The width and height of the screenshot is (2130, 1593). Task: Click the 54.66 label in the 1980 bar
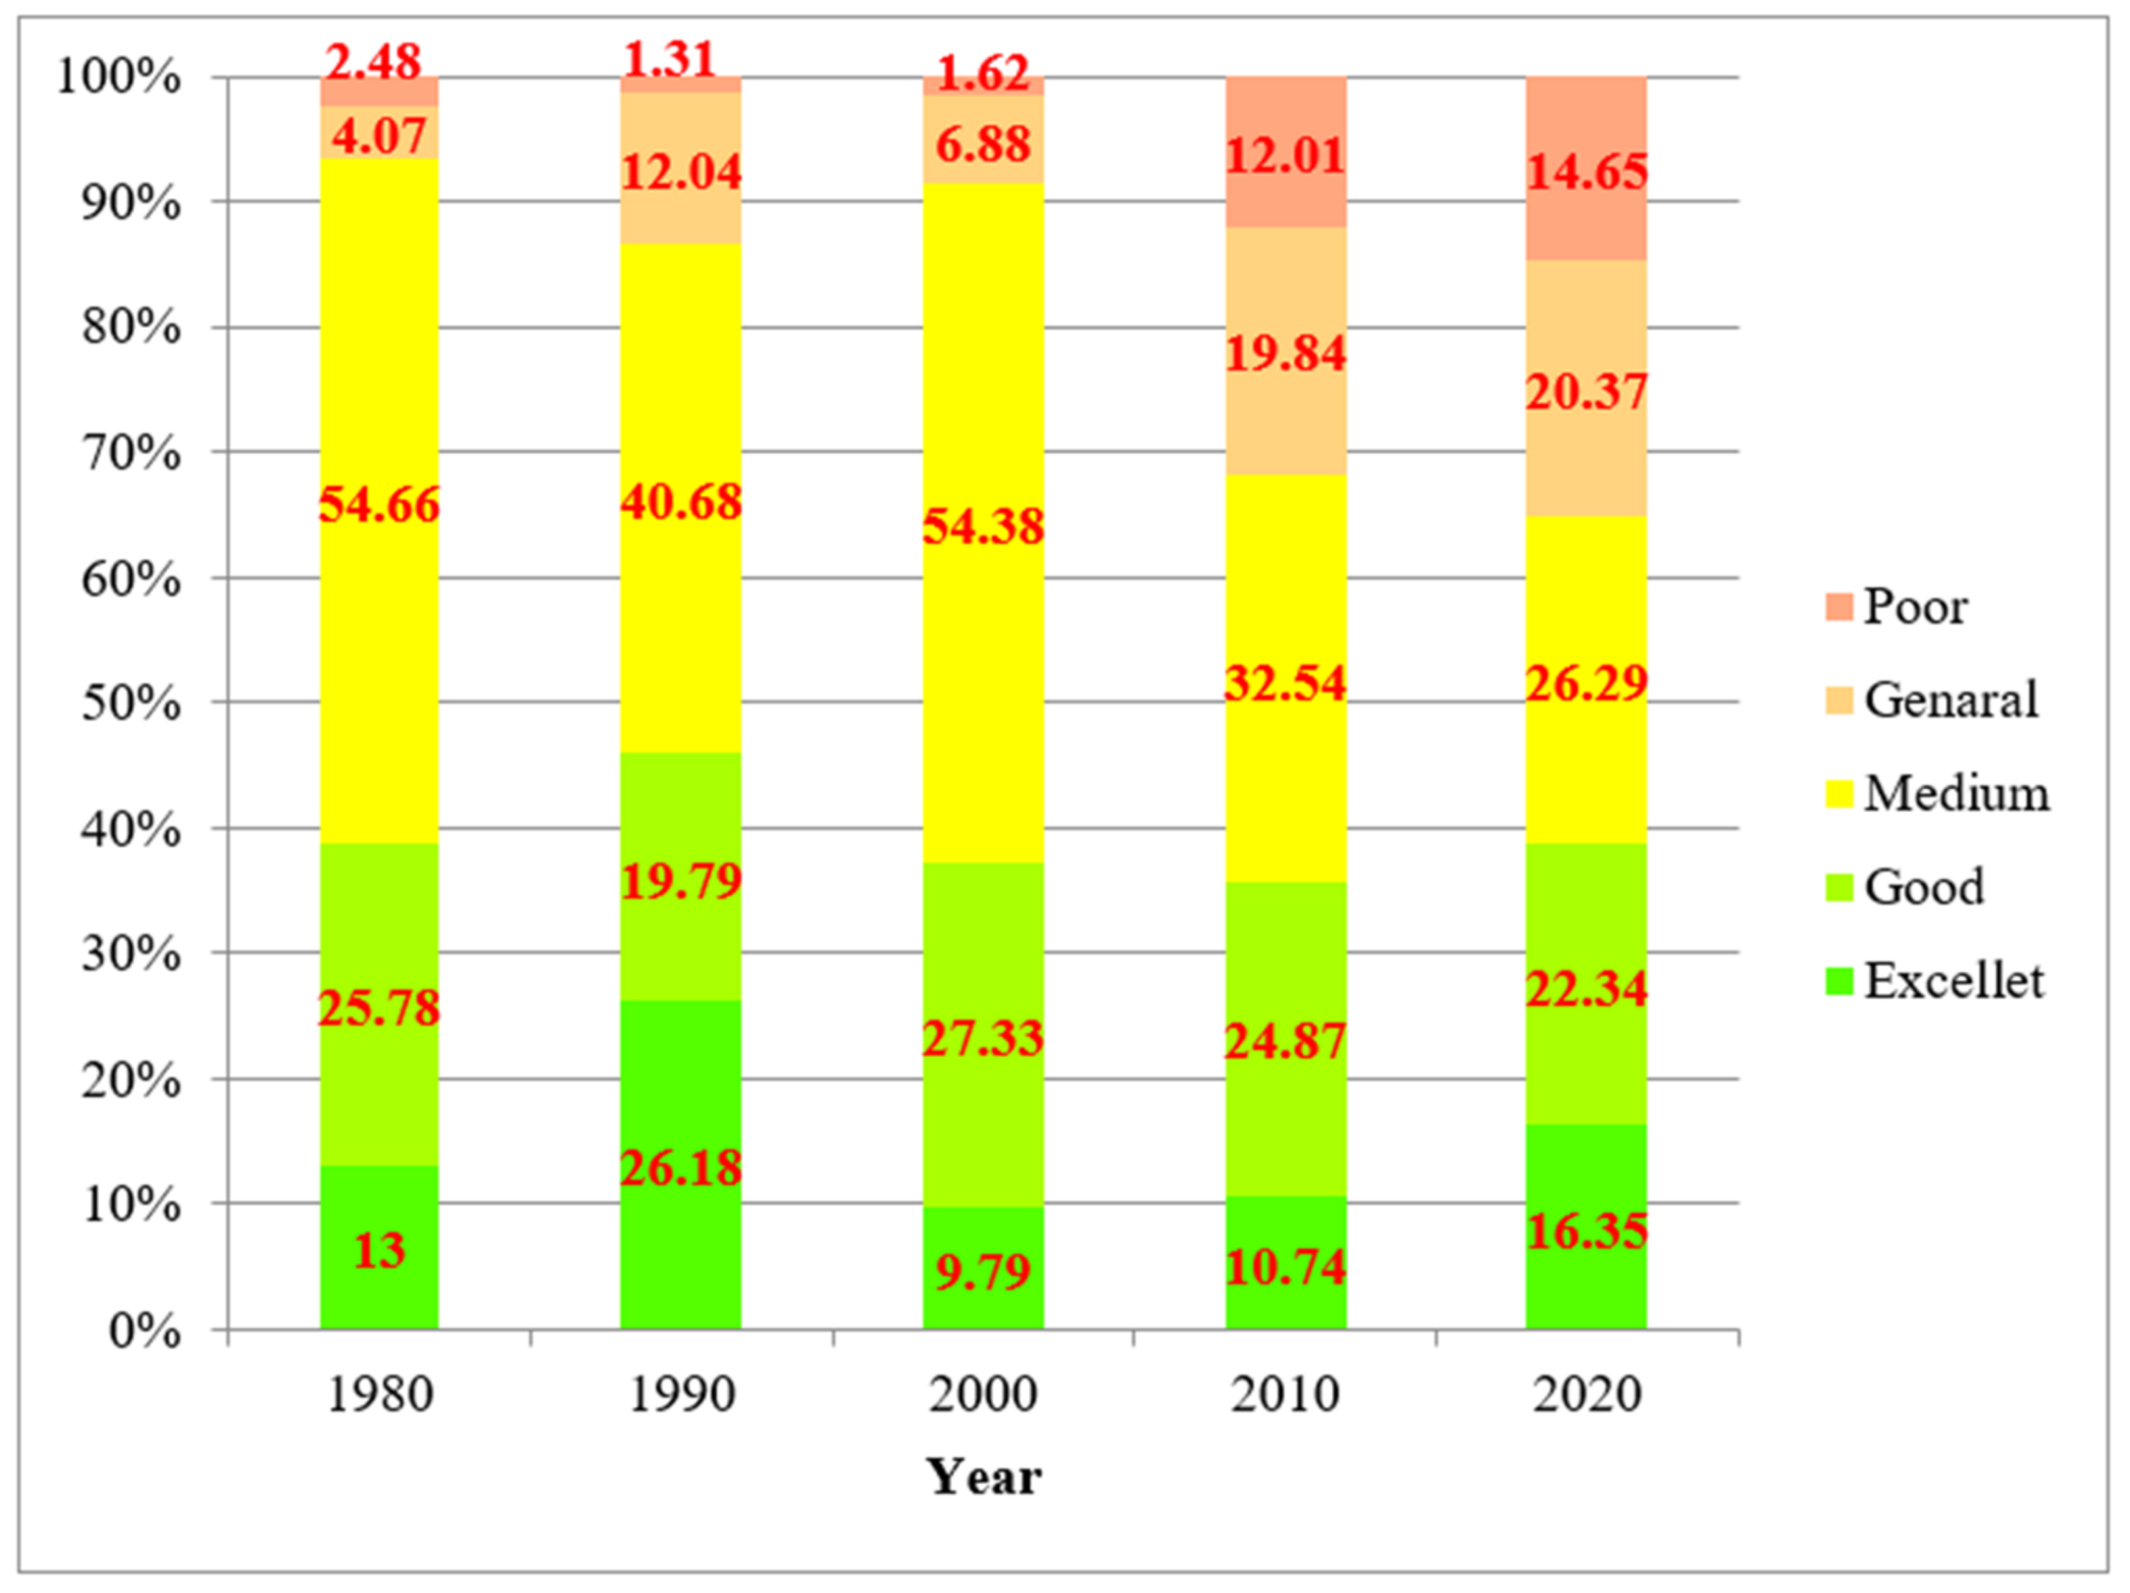[378, 504]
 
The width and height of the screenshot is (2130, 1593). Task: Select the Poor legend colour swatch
[1838, 607]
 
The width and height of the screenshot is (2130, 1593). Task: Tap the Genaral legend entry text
[1951, 700]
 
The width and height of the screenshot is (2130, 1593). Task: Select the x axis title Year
[983, 1476]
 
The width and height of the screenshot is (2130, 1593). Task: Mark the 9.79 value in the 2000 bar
[983, 1271]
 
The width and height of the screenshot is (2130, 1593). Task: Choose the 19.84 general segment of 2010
[1285, 353]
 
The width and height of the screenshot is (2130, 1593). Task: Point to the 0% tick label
[144, 1331]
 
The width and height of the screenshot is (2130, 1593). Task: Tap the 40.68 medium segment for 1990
[681, 502]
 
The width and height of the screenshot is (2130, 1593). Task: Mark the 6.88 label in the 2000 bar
[983, 144]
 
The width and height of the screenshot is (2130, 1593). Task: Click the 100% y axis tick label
[118, 76]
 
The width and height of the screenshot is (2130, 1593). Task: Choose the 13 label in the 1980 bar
[378, 1250]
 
